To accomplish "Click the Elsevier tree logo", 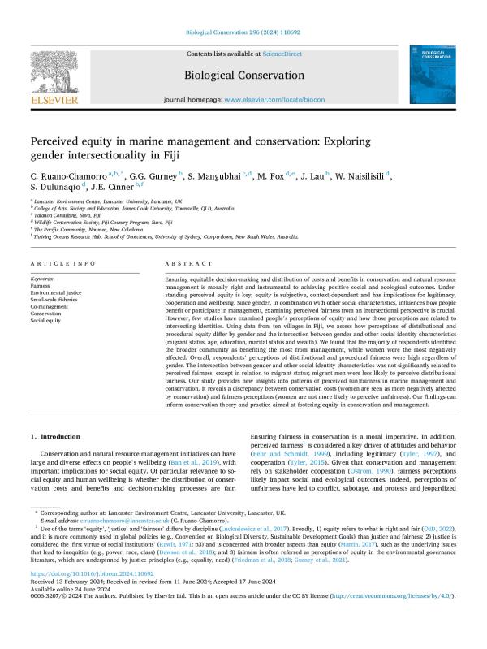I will pyautogui.click(x=54, y=75).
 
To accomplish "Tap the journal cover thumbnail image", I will pyautogui.click(x=431, y=75).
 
